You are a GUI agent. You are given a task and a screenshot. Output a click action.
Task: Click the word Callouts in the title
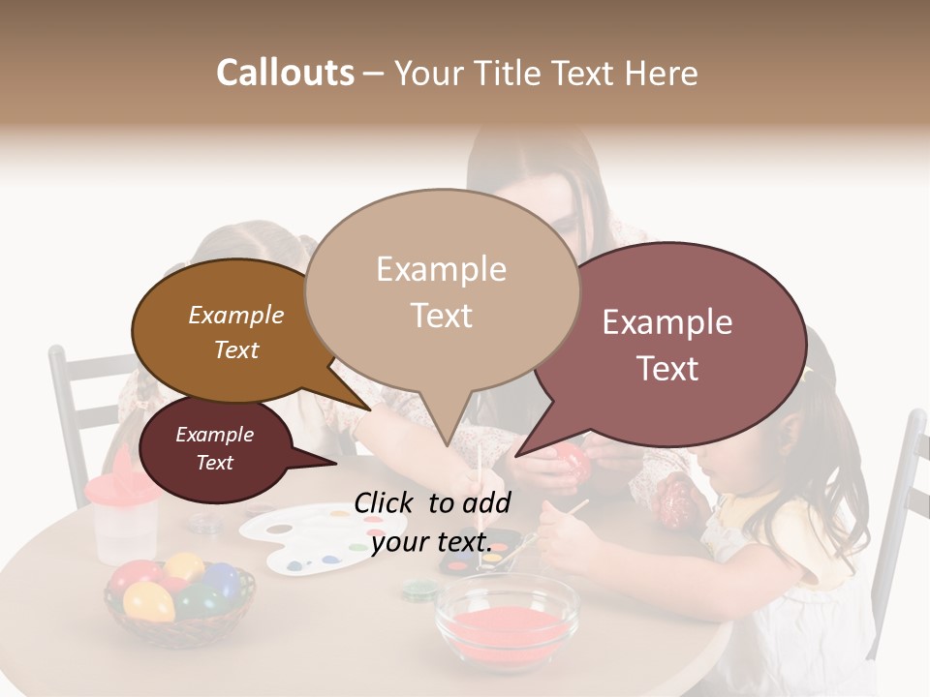[285, 73]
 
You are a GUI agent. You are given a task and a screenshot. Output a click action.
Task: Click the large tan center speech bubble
[442, 290]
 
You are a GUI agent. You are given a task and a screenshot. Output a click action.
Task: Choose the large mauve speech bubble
[668, 344]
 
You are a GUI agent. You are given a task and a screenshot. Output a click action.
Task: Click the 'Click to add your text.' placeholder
[432, 523]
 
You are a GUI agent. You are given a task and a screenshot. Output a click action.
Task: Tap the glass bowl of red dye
[506, 620]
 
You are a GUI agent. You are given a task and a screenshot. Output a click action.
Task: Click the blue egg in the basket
[223, 581]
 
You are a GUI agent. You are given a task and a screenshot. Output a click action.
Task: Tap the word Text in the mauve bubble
[668, 369]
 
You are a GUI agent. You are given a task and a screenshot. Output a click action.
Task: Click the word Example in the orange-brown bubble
[235, 316]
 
